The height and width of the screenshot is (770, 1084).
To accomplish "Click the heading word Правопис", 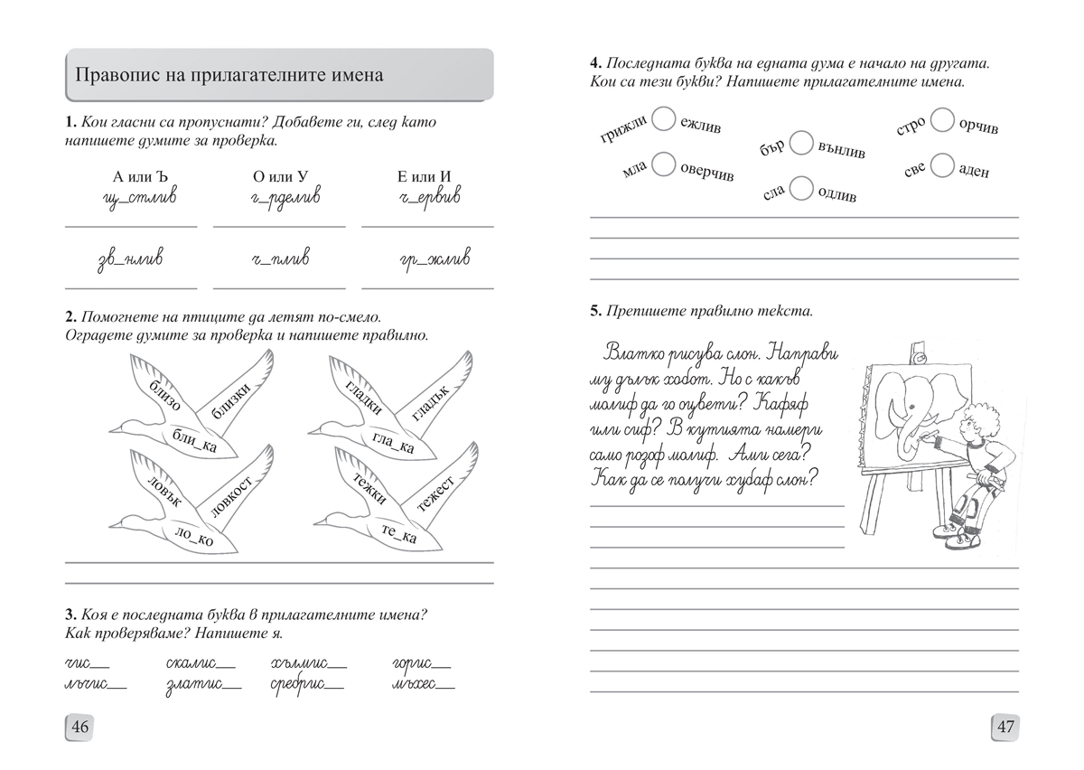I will click(116, 74).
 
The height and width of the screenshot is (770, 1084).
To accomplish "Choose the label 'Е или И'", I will click(427, 176).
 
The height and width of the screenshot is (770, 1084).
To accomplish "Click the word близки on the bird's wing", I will click(227, 399).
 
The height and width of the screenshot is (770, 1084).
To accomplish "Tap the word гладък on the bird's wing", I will click(430, 400).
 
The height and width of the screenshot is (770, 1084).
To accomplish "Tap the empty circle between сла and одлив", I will click(800, 188).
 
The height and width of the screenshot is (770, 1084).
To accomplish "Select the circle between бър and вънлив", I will click(800, 144).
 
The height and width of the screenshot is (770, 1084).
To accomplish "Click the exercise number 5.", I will click(595, 311).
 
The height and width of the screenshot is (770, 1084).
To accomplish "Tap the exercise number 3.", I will click(70, 615).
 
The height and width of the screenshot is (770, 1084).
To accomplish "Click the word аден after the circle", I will click(974, 170).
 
